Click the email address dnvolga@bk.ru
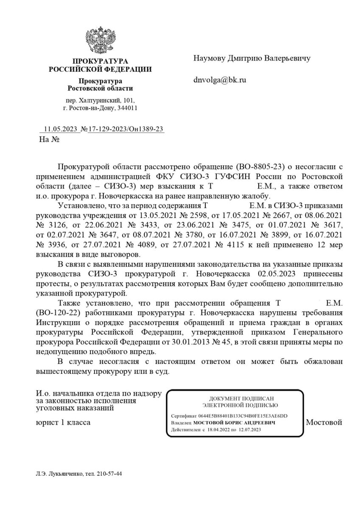[220, 79]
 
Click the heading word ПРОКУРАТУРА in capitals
[100, 62]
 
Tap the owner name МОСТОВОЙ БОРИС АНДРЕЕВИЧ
[235, 423]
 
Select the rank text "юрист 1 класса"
[63, 422]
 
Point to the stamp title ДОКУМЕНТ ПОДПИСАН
[235, 398]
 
